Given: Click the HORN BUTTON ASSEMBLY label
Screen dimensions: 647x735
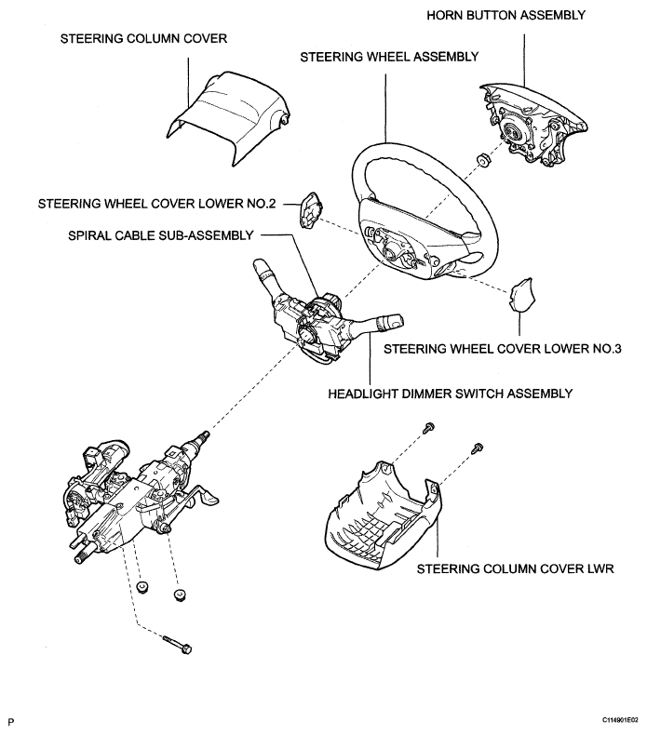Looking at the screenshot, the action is point(505,16).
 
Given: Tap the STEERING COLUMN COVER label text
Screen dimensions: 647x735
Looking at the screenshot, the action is point(143,38).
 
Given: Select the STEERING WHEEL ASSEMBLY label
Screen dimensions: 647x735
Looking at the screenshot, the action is point(389,57).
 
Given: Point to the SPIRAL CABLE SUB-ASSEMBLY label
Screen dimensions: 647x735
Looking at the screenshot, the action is point(161,235).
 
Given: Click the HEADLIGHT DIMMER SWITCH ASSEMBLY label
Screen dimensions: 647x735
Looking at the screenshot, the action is point(450,394).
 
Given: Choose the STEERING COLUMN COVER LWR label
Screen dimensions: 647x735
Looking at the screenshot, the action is point(515,569).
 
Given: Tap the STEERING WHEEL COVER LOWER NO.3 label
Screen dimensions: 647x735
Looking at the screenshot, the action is point(503,349).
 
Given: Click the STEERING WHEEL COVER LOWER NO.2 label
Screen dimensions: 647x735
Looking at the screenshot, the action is point(156,204).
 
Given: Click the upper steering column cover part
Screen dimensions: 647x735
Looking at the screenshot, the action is point(228,117).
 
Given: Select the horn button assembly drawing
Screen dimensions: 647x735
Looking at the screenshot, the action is point(533,125).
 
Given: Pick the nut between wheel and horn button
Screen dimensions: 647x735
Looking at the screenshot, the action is point(482,160).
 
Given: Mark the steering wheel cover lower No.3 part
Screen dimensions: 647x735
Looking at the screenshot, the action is point(521,294).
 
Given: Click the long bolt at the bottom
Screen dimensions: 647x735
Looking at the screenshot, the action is point(178,644).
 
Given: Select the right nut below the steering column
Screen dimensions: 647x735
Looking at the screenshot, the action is point(180,595).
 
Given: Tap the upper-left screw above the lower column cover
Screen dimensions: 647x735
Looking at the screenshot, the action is point(428,427).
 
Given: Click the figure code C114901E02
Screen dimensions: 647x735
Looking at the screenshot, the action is point(620,720).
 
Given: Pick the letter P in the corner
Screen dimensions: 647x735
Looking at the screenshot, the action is point(11,722).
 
